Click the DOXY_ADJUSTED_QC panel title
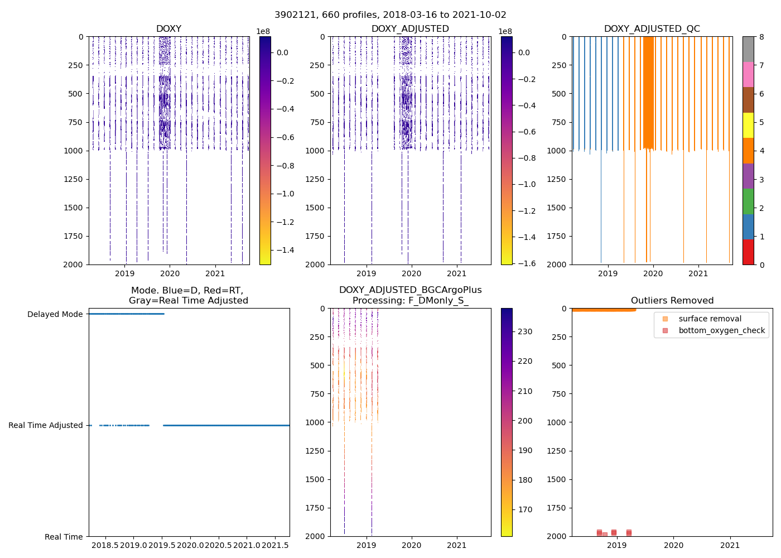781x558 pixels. (x=652, y=29)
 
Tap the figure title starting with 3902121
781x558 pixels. (x=390, y=15)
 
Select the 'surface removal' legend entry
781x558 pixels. (x=710, y=319)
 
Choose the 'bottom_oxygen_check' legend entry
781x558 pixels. (x=721, y=330)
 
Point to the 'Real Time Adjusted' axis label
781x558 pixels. (x=46, y=425)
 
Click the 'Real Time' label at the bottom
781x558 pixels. (x=64, y=537)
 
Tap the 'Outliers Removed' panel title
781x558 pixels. (x=672, y=301)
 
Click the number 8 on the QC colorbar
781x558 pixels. (x=761, y=37)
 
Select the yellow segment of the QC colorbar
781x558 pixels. (x=748, y=125)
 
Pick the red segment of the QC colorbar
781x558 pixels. (x=748, y=252)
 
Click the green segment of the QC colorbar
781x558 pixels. (x=748, y=201)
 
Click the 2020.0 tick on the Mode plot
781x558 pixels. (x=191, y=545)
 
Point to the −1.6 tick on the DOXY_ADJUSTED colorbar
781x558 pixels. (x=527, y=263)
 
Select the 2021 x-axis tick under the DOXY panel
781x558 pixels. (x=215, y=273)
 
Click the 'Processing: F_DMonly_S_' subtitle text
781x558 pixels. (x=410, y=301)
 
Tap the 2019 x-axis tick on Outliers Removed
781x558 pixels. (x=616, y=545)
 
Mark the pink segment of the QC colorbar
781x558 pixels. (x=748, y=74)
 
